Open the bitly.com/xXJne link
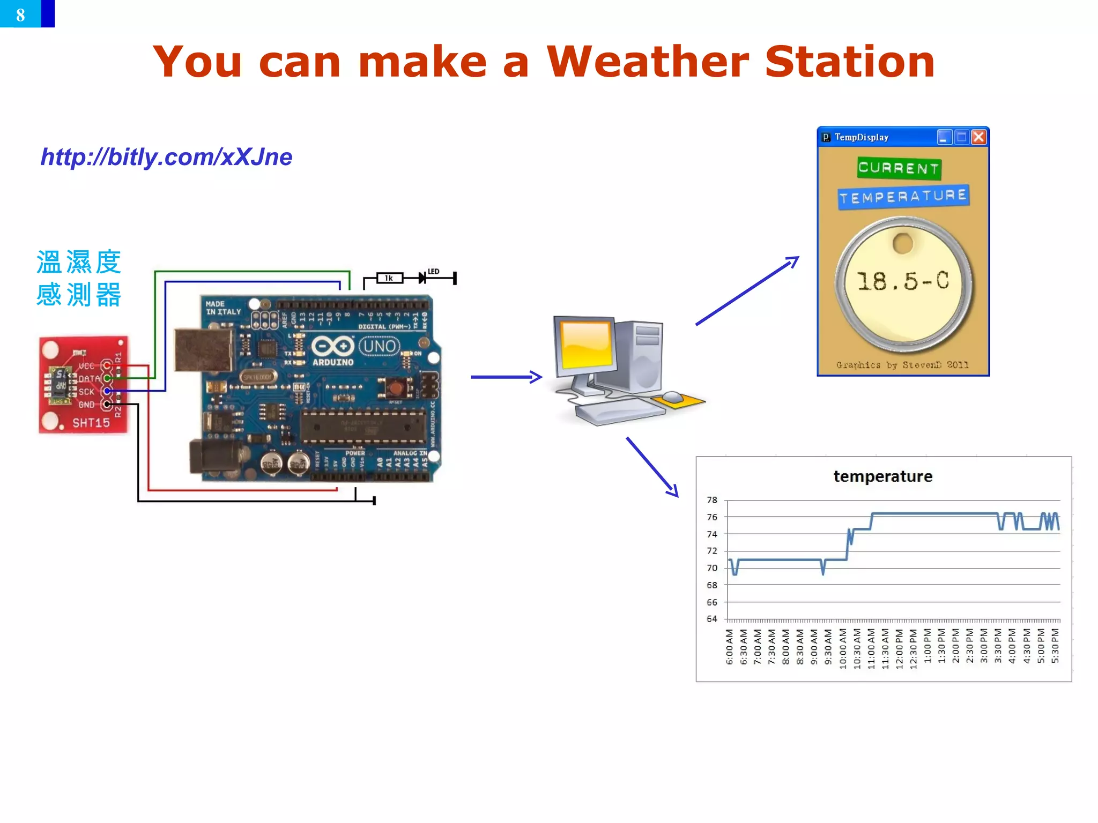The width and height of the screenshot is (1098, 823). click(x=166, y=157)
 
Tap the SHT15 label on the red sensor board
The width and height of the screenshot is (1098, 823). click(x=91, y=423)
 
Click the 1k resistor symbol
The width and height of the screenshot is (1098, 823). click(x=389, y=278)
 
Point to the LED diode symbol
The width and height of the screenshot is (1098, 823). click(x=423, y=278)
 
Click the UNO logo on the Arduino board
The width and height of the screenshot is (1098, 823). click(x=379, y=346)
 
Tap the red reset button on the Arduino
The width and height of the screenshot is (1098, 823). click(x=396, y=387)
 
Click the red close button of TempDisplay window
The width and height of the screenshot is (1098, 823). click(x=978, y=137)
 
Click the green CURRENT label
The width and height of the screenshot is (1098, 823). click(x=899, y=168)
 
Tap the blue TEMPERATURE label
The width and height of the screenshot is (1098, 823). click(x=903, y=197)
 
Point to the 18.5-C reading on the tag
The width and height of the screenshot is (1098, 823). click(x=903, y=281)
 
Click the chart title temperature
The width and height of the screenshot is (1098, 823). click(x=882, y=476)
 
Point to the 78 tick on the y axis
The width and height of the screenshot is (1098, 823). click(x=711, y=500)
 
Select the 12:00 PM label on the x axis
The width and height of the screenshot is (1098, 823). click(x=899, y=648)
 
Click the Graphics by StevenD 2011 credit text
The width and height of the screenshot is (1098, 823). click(x=902, y=365)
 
